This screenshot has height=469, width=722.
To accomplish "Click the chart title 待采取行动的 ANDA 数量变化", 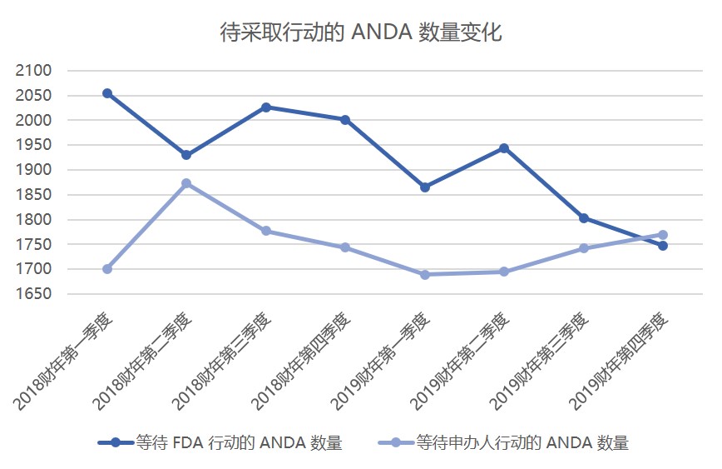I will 361,32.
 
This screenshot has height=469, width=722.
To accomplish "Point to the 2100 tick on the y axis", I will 33,71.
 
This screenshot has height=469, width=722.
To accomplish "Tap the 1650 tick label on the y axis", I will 33,294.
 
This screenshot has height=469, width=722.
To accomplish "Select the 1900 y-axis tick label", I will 33,170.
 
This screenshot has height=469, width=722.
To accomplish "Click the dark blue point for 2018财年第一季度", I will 107,93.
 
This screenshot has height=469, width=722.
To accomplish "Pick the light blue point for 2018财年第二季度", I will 186,183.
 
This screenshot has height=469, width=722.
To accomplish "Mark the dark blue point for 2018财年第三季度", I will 266,107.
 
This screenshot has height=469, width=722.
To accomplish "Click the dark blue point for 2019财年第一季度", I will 425,187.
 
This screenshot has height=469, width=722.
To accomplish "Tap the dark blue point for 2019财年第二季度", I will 504,148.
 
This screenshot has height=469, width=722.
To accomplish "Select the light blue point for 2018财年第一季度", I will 107,269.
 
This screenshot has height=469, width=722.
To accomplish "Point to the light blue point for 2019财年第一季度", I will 425,275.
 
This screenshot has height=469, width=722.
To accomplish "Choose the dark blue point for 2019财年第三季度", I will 584,218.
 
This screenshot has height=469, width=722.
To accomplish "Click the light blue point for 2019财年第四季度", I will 663,235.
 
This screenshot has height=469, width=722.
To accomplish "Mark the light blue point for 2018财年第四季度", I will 345,247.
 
